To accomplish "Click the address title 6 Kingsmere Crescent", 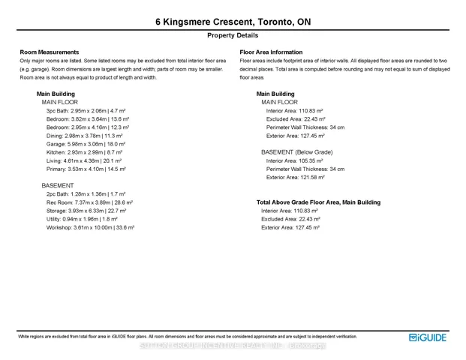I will coord(233,22).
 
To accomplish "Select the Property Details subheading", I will coord(233,35).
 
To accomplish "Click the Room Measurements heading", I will coord(50,52).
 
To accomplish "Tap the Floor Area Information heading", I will coord(271,52).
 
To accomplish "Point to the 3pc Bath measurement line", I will coord(86,111).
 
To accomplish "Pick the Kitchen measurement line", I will coord(85,152).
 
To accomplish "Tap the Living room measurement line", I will coord(84,160).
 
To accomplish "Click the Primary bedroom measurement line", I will coord(86,169).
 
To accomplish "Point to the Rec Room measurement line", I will coord(89,202).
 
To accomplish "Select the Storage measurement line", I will coord(88,211).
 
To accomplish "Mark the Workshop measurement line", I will coord(90,227).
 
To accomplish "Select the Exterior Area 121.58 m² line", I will coord(295,178).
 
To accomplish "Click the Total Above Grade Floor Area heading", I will coord(318,202).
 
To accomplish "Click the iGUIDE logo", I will coord(428,338).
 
